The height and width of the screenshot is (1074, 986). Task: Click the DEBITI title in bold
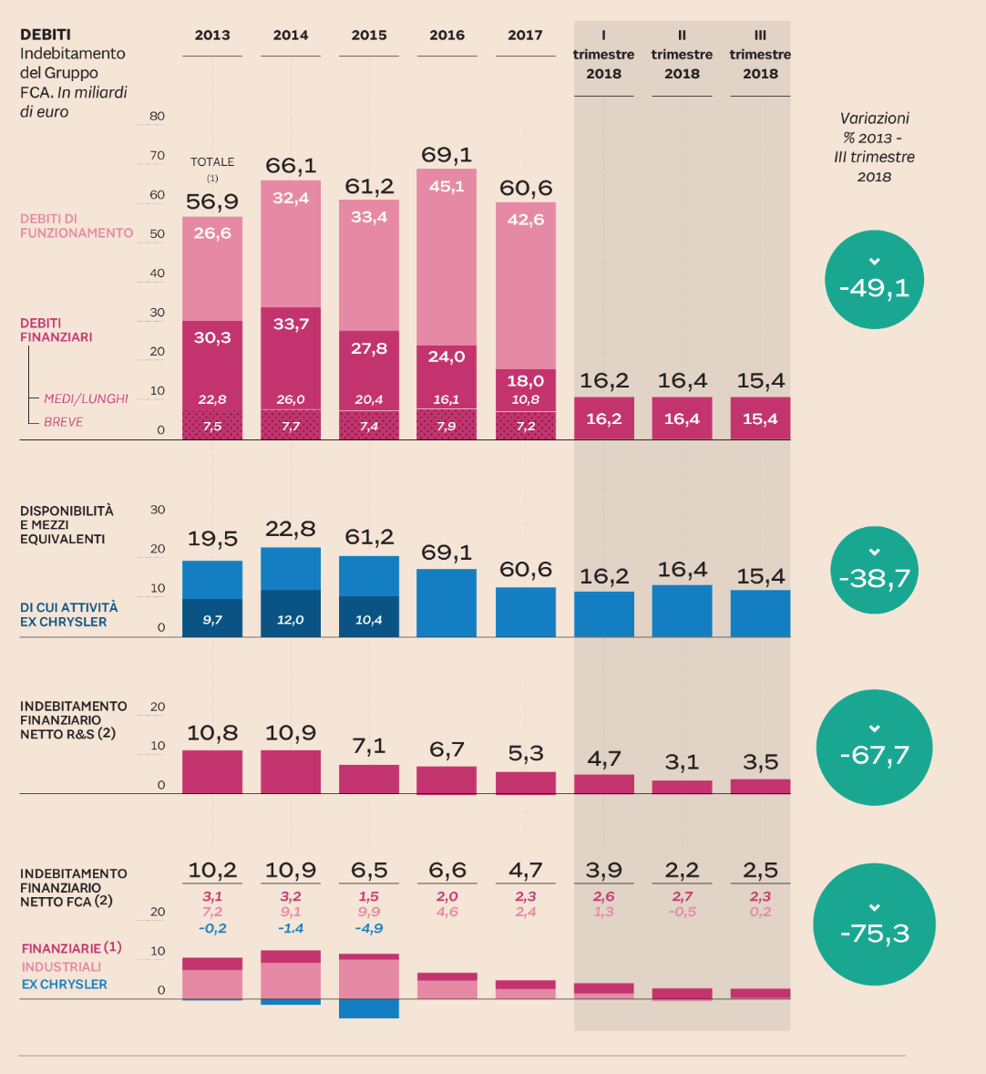tap(46, 35)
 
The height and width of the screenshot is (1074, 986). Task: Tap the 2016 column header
tap(447, 36)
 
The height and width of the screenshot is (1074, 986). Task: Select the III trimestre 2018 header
tap(760, 55)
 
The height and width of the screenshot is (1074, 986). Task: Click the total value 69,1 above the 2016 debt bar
tap(447, 155)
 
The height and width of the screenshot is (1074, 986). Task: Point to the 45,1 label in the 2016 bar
tap(447, 186)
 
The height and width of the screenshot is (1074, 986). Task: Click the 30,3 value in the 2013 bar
tap(212, 337)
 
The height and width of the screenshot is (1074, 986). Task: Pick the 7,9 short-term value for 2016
tap(447, 426)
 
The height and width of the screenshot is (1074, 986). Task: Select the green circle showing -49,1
tap(874, 280)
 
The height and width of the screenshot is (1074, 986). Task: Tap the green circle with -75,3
tap(874, 925)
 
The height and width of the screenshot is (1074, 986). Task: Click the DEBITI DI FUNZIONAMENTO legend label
tap(77, 226)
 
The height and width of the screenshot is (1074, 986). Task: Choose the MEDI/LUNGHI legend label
tap(87, 398)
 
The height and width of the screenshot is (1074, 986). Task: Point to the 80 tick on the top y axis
tap(158, 116)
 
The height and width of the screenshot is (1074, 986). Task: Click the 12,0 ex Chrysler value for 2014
tap(291, 620)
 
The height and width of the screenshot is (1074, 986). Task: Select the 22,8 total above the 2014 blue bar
tap(291, 529)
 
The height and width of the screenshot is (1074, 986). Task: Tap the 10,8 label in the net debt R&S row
tap(212, 733)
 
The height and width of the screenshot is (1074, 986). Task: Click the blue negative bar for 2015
tap(369, 1008)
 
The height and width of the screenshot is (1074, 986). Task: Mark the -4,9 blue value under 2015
tap(369, 928)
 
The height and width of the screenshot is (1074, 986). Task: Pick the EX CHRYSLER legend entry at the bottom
tap(65, 985)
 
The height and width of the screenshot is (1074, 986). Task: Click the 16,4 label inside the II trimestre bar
tap(682, 418)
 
